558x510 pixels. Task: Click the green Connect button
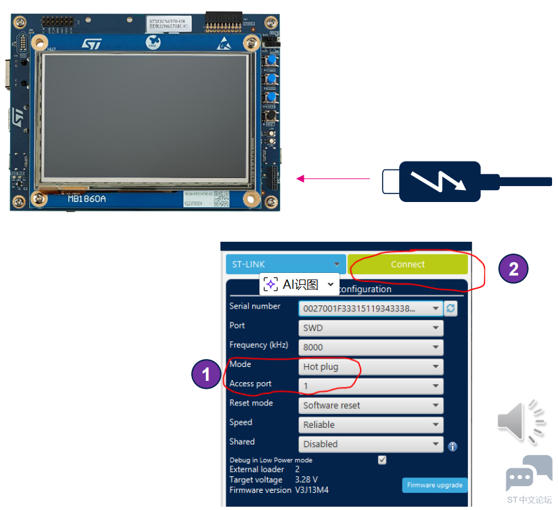pos(408,264)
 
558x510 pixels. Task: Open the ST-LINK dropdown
pos(285,264)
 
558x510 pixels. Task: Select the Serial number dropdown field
pos(370,309)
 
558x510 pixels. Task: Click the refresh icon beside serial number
pos(451,309)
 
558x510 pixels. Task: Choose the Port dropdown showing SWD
pos(370,328)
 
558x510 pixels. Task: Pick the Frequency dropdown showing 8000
pos(370,347)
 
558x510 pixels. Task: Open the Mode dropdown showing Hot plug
pos(370,366)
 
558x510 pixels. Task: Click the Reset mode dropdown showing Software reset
pos(370,405)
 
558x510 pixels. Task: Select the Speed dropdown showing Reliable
pos(370,425)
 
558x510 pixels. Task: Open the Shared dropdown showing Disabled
pos(370,444)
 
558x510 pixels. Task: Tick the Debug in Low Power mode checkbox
pos(382,460)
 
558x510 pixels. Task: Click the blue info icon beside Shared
pos(453,446)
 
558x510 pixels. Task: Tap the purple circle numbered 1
pos(206,375)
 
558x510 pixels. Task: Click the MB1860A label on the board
pos(86,198)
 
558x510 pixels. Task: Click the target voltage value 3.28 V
pos(306,480)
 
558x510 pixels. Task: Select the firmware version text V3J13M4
pos(312,490)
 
